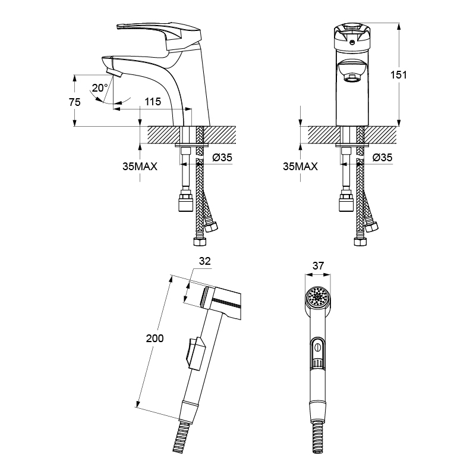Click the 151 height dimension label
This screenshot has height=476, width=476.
(398, 75)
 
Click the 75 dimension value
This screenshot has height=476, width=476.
(74, 102)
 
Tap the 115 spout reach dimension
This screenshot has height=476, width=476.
(152, 102)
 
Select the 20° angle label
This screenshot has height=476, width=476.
(100, 88)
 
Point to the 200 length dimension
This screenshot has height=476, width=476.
(155, 339)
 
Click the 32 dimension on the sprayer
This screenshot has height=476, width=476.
(205, 261)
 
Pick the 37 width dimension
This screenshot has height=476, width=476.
(318, 266)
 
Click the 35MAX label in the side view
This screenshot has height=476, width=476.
(140, 167)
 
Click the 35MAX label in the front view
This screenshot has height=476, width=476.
(300, 167)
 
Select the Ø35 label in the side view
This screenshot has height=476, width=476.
(222, 158)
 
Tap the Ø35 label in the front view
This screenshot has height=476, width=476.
(383, 158)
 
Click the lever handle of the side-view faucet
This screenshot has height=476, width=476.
(159, 33)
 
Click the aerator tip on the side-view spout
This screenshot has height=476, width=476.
(114, 73)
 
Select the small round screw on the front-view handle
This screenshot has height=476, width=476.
(352, 42)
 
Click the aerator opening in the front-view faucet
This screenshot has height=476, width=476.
(352, 79)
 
